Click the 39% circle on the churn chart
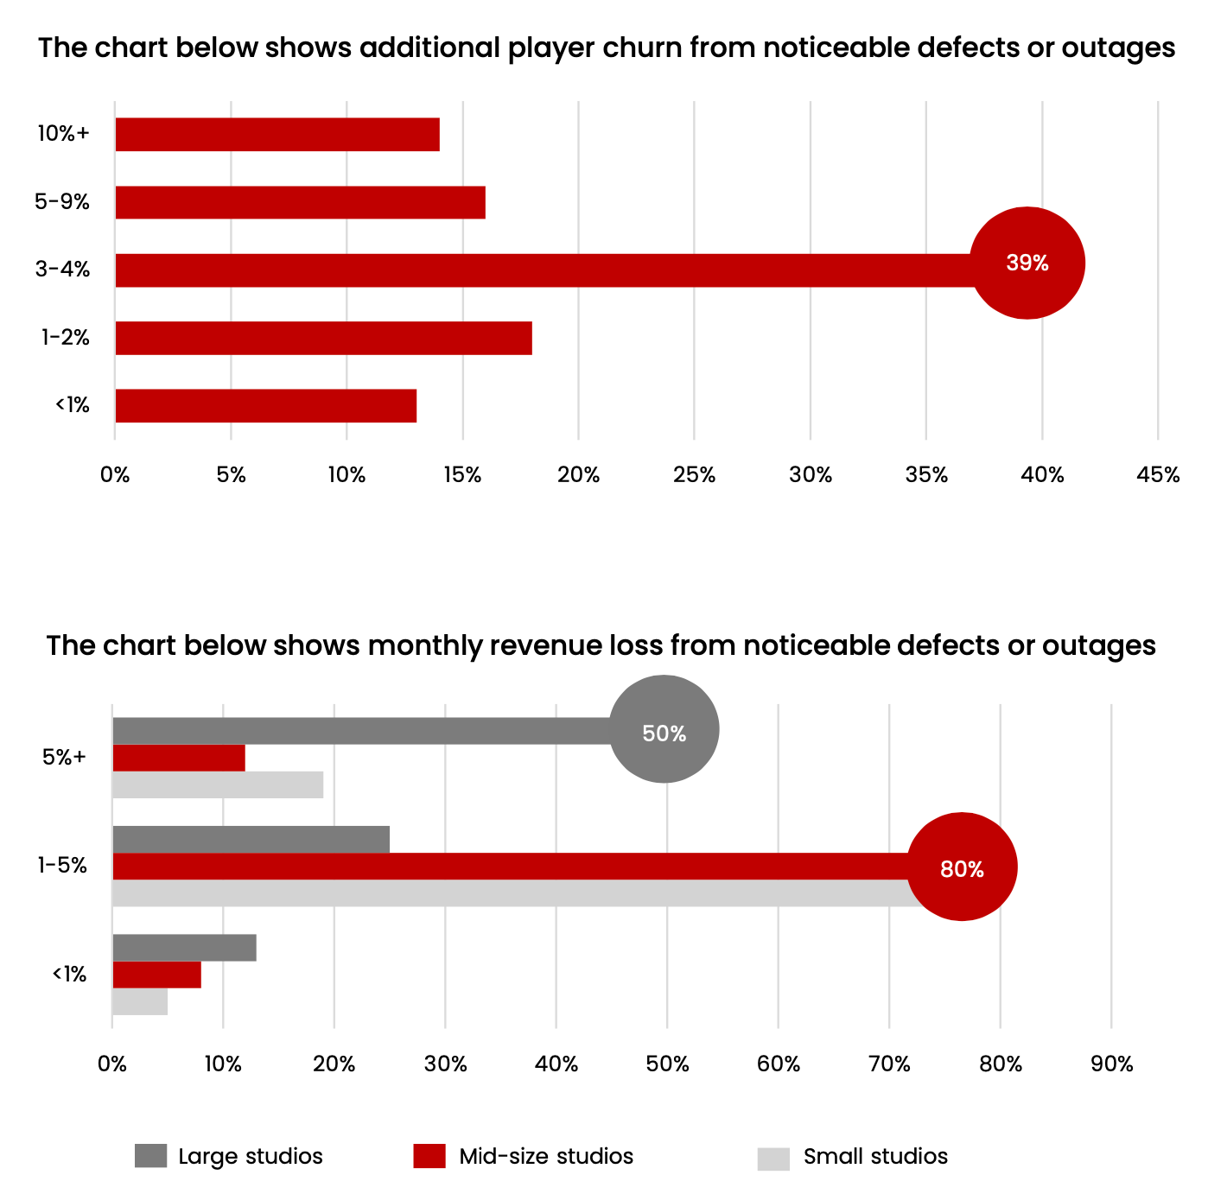click(x=1027, y=263)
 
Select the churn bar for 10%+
click(x=277, y=135)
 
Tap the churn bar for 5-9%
click(x=300, y=202)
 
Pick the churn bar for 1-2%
click(x=323, y=338)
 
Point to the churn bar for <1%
click(x=265, y=406)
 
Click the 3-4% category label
click(x=63, y=270)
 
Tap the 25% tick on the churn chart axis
click(x=695, y=475)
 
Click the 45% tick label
click(x=1158, y=475)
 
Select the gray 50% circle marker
click(x=664, y=730)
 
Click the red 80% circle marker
click(x=962, y=867)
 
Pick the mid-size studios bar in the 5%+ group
click(x=179, y=758)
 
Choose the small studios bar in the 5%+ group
click(x=218, y=784)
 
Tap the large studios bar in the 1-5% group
click(x=251, y=839)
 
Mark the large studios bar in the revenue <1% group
click(x=184, y=948)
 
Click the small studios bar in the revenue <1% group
click(x=140, y=1001)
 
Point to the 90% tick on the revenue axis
click(x=1111, y=1064)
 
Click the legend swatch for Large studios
click(x=150, y=1156)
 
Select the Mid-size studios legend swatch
click(x=429, y=1156)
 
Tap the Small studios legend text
click(x=875, y=1157)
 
